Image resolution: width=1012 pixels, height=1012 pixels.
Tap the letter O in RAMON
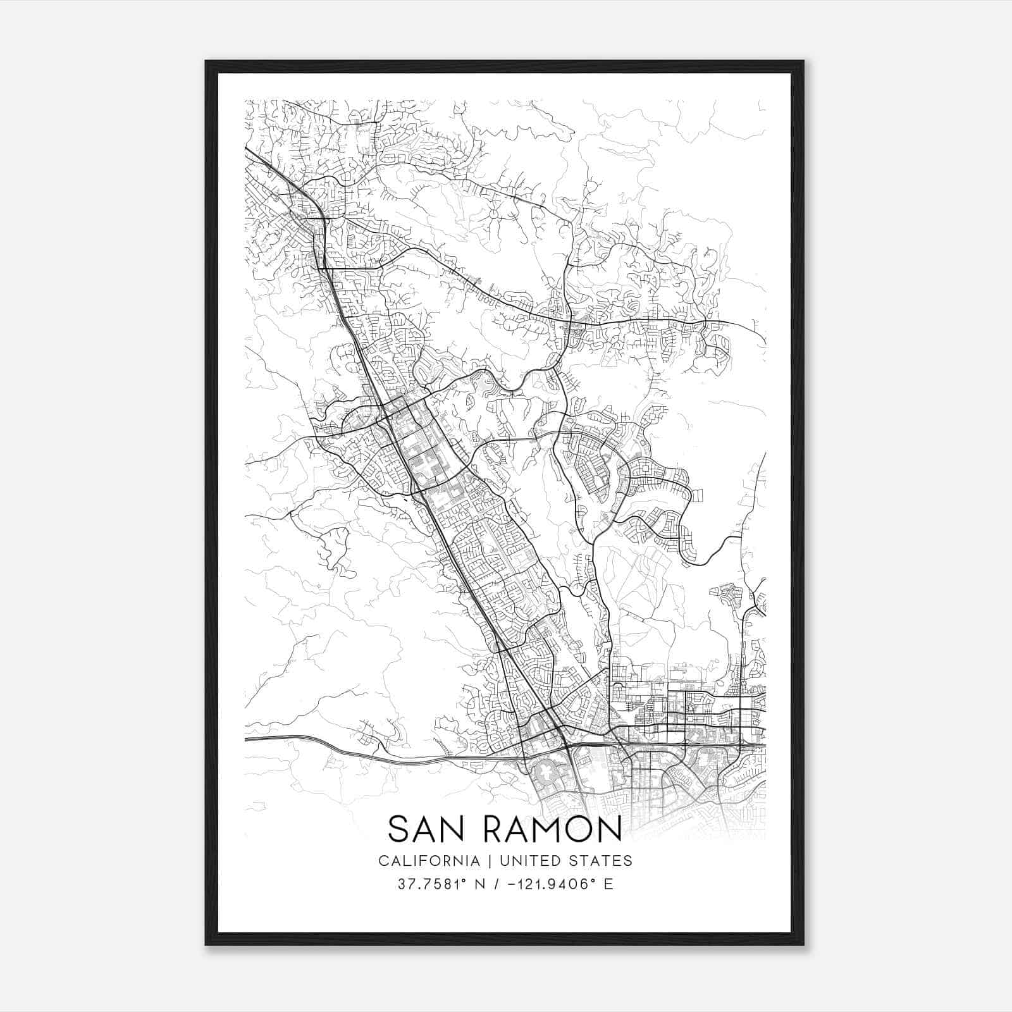coord(568,829)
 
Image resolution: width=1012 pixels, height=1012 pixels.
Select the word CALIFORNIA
coord(428,861)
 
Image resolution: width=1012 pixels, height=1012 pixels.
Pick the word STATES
coord(599,861)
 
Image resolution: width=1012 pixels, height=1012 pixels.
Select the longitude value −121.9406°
coord(548,884)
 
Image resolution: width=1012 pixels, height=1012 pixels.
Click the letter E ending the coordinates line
coord(608,884)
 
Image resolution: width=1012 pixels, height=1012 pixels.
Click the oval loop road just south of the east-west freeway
coord(545,772)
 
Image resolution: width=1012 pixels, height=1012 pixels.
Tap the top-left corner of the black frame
coord(207,62)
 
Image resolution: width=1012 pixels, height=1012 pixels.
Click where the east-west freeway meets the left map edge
coord(246,738)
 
